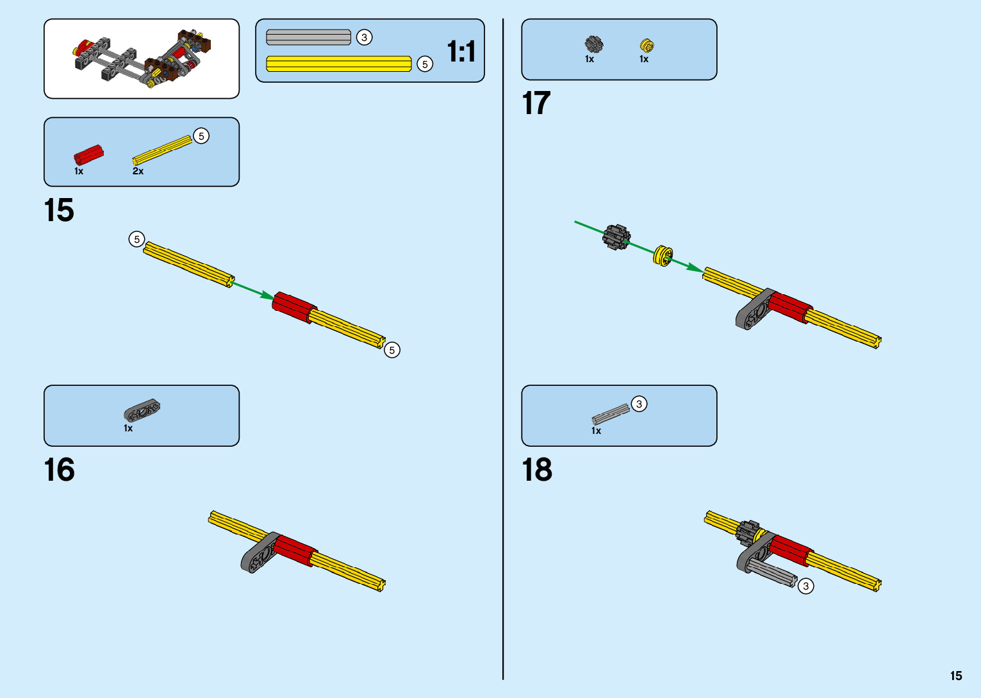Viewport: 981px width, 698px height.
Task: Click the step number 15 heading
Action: pyautogui.click(x=59, y=210)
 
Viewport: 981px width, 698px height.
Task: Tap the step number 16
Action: pyautogui.click(x=59, y=470)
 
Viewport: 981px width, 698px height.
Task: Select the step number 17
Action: pyautogui.click(x=536, y=103)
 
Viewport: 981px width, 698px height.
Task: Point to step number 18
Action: pyautogui.click(x=537, y=470)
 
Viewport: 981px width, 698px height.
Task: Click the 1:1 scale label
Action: pyautogui.click(x=461, y=51)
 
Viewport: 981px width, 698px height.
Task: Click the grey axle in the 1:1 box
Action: pyautogui.click(x=308, y=37)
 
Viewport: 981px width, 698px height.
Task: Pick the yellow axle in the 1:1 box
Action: pyautogui.click(x=338, y=64)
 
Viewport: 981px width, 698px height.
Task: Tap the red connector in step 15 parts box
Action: pyautogui.click(x=88, y=155)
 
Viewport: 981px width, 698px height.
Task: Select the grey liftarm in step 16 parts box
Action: pyautogui.click(x=142, y=411)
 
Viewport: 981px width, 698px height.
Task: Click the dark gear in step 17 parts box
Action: pyautogui.click(x=594, y=44)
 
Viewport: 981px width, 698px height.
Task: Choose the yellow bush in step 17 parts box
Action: pyautogui.click(x=647, y=46)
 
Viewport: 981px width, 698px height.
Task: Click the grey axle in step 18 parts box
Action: pyautogui.click(x=611, y=414)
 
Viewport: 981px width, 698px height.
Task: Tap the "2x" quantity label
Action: pyautogui.click(x=138, y=171)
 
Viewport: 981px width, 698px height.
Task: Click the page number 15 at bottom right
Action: pyautogui.click(x=956, y=676)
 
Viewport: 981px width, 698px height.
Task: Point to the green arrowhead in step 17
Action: pyautogui.click(x=695, y=268)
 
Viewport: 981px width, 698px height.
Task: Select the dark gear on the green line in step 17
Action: pyautogui.click(x=616, y=237)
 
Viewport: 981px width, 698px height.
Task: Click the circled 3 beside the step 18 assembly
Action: pyautogui.click(x=805, y=586)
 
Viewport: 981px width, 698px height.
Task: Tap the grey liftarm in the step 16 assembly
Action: pyautogui.click(x=260, y=553)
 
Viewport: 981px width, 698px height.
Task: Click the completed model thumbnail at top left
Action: pyautogui.click(x=142, y=58)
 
